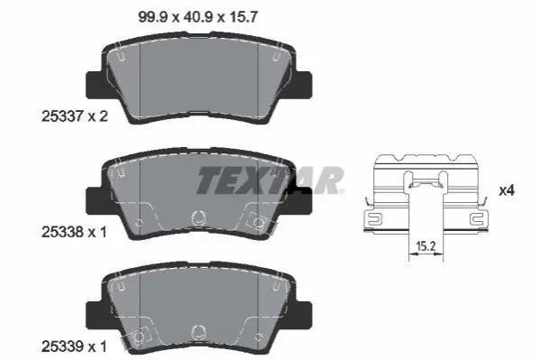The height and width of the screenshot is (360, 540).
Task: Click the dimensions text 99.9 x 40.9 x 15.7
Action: [x=197, y=17]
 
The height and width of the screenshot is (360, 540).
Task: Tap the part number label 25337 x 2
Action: [x=75, y=115]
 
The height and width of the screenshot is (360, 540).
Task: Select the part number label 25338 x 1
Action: [x=74, y=232]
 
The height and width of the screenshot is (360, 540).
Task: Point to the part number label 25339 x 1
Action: [x=74, y=346]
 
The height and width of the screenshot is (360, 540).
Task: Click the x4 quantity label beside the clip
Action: [x=507, y=190]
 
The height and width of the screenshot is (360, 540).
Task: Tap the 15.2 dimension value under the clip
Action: [x=426, y=245]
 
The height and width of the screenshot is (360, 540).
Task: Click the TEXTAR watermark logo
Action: [x=270, y=180]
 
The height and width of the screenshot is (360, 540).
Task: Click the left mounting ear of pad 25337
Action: [x=95, y=85]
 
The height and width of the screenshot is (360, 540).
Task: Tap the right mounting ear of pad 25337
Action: [x=303, y=85]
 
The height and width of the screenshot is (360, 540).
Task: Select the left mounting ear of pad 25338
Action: [x=95, y=201]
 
